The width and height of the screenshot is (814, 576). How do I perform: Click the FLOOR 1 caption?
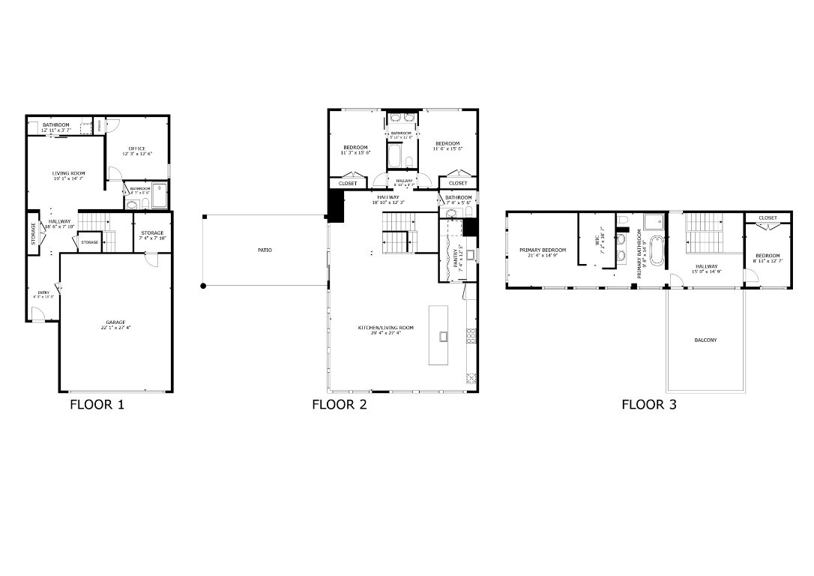97,405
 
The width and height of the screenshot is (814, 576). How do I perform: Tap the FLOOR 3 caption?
648,405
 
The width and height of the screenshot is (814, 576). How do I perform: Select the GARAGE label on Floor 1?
115,322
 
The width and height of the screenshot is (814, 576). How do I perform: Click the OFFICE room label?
136,148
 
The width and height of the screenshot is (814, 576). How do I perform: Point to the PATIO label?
264,250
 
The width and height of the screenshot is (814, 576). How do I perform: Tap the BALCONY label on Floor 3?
705,340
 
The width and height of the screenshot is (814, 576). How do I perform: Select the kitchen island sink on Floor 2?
443,335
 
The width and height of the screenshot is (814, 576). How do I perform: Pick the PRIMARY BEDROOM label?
543,250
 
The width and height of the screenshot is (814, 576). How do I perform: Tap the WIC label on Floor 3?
597,240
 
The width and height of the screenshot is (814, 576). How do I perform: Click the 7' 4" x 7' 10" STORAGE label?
152,233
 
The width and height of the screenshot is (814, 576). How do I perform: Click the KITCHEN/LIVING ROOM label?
385,328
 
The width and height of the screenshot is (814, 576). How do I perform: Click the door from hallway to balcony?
676,280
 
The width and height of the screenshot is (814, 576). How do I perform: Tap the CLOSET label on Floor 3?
768,218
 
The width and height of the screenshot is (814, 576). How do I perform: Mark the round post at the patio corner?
202,286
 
